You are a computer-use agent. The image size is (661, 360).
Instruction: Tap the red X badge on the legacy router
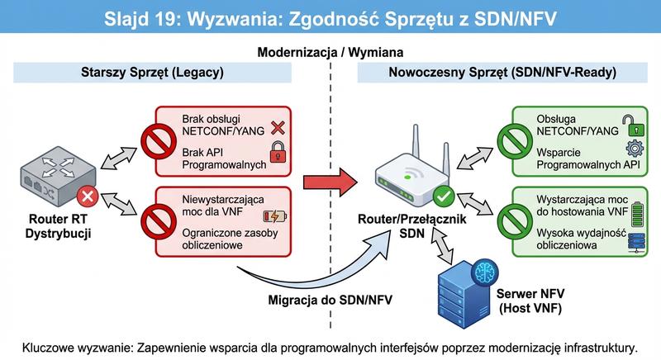click(85, 197)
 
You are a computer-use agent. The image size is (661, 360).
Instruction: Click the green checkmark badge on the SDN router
click(444, 197)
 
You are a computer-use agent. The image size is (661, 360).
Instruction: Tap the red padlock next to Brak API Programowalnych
click(276, 152)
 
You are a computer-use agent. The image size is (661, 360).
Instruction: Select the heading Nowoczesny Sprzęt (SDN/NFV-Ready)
click(502, 72)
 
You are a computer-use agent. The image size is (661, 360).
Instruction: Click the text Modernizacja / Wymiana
click(330, 51)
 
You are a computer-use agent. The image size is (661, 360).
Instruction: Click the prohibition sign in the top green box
click(515, 143)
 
